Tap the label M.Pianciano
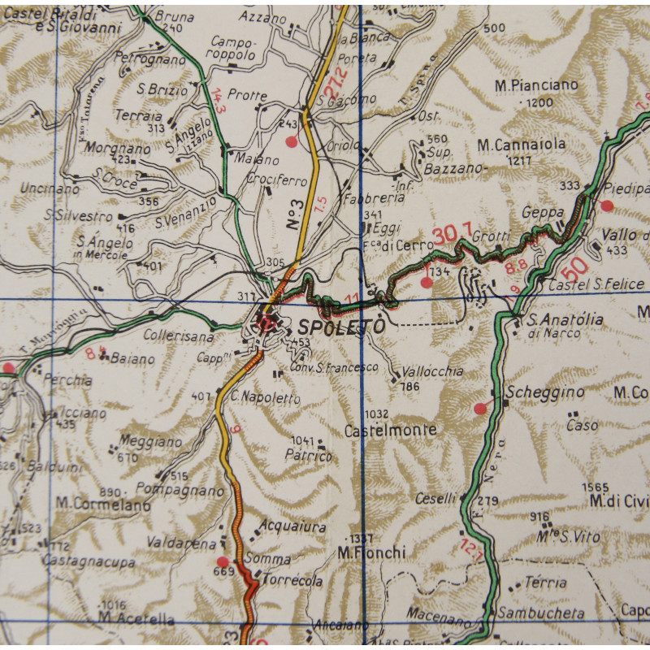tap(536, 84)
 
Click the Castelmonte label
tap(390, 430)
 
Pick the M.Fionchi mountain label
tap(371, 552)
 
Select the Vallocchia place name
tap(432, 371)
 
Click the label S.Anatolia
tap(565, 320)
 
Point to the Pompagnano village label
tap(180, 491)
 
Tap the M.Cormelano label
tap(103, 504)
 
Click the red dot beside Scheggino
tap(480, 408)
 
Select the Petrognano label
tap(149, 59)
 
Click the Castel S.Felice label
tap(596, 285)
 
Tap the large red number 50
tap(575, 265)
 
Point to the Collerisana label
tap(179, 335)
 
